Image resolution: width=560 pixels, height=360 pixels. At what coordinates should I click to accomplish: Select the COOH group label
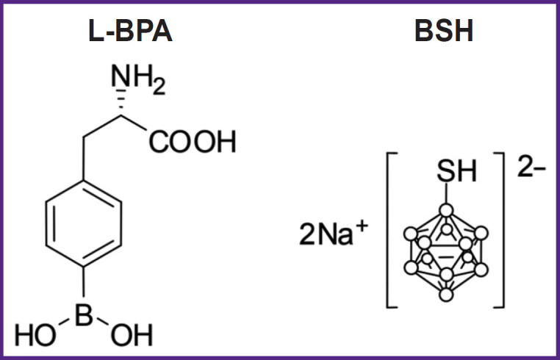click(193, 141)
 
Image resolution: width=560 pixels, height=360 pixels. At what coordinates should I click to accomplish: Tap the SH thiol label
click(457, 174)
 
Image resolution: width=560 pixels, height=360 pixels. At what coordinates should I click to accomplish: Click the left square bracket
click(390, 228)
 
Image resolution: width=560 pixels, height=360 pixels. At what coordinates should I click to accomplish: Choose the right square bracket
click(500, 228)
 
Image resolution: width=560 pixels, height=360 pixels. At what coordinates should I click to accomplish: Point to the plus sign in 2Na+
click(362, 224)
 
